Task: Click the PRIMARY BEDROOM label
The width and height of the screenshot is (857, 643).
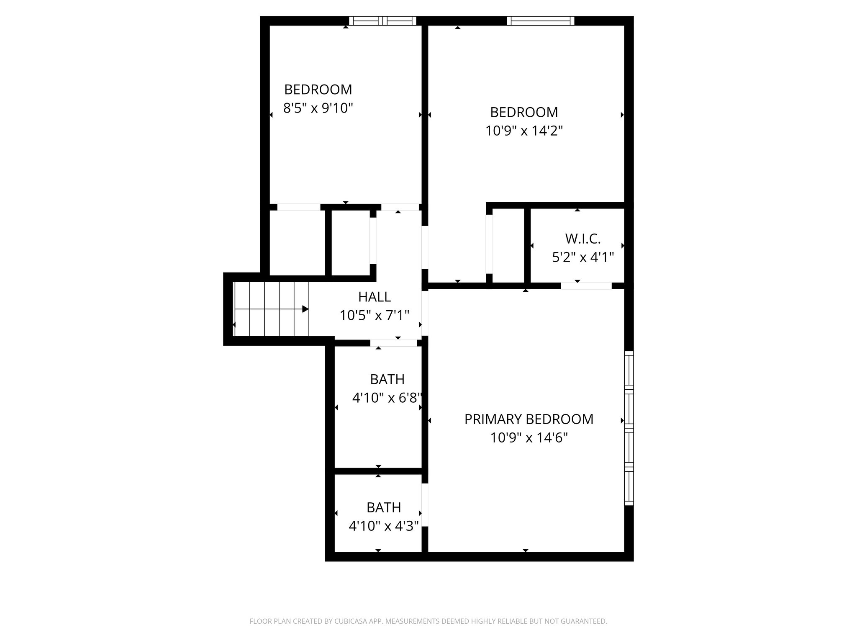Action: [529, 419]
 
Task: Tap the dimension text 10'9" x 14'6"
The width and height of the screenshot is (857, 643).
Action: [529, 438]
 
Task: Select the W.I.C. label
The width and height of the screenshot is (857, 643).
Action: [582, 239]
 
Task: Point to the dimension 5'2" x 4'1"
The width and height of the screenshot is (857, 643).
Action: [582, 257]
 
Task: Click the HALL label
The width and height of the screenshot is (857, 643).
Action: [375, 297]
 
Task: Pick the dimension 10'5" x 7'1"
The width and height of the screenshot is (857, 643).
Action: [375, 315]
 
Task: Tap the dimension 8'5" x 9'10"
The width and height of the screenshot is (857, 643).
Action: [318, 108]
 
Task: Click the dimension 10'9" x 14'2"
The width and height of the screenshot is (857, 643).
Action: [523, 131]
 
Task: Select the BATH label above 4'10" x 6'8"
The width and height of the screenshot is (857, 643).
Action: [387, 379]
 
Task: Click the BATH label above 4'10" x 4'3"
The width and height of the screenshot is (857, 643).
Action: [384, 507]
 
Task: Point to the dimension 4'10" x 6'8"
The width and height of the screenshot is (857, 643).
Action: [387, 398]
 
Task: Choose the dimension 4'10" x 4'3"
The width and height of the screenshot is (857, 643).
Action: [384, 526]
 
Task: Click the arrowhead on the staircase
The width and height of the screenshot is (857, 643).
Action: [305, 309]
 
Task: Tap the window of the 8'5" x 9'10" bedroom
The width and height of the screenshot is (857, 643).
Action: [382, 21]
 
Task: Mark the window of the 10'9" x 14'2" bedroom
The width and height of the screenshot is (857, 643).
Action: [540, 21]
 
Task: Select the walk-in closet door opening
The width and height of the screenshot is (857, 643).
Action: [586, 286]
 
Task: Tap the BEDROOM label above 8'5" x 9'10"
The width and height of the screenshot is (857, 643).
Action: [318, 90]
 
